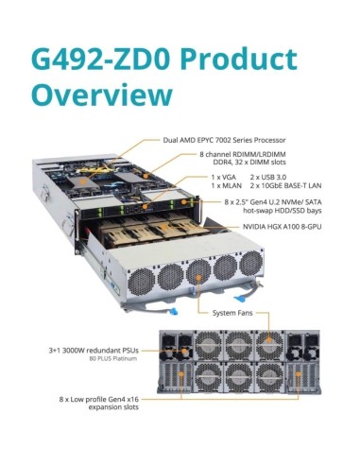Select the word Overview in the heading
[102, 95]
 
